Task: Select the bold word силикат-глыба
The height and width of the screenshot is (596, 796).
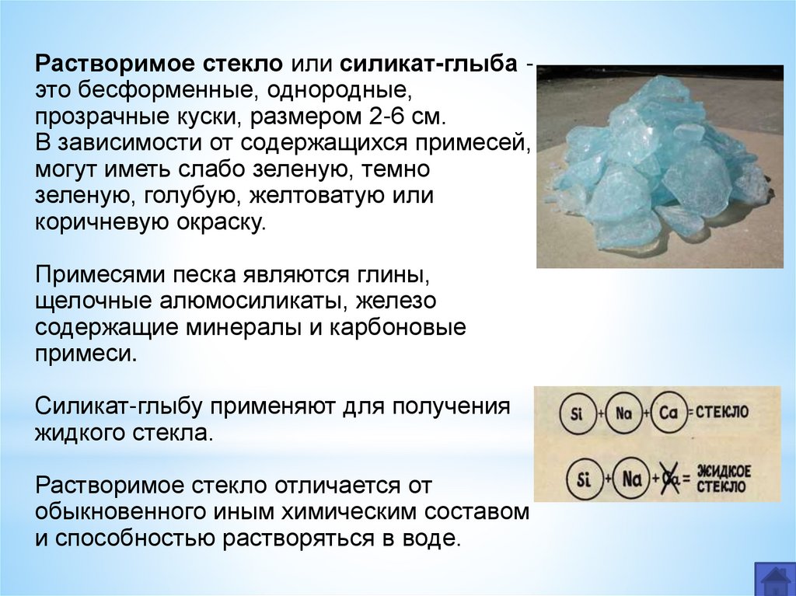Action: tap(429, 64)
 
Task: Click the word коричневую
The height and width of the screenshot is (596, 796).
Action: tap(100, 222)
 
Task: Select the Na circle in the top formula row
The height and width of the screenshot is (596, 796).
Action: tap(622, 413)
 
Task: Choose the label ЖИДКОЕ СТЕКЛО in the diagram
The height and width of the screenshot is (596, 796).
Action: tap(724, 478)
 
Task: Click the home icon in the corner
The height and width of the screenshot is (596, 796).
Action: tap(774, 579)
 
